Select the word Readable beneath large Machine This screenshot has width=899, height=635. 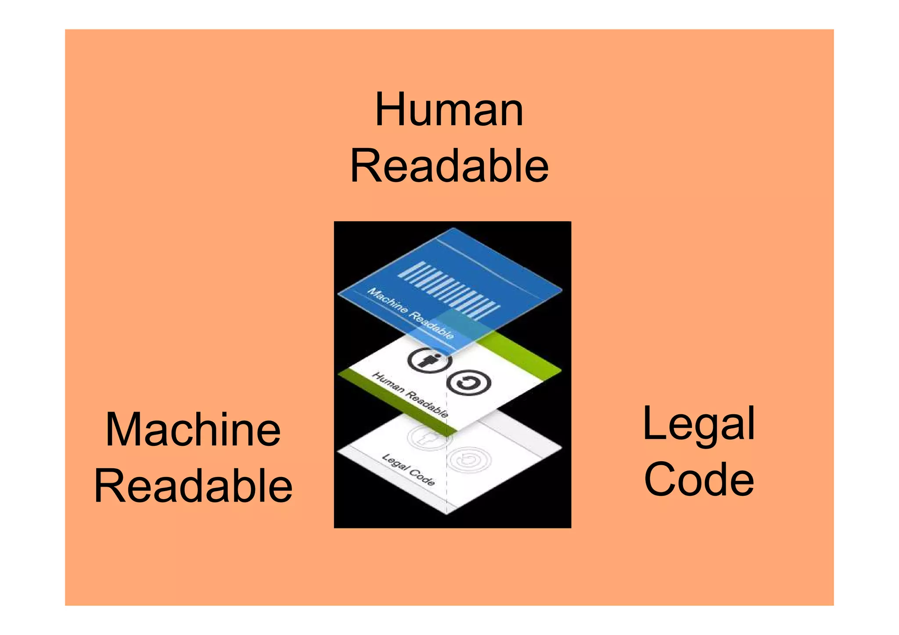[193, 486]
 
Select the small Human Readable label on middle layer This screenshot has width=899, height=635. [410, 395]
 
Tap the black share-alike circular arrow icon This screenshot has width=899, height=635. [468, 383]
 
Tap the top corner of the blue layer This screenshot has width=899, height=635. [453, 230]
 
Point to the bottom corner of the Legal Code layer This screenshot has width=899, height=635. [447, 513]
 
